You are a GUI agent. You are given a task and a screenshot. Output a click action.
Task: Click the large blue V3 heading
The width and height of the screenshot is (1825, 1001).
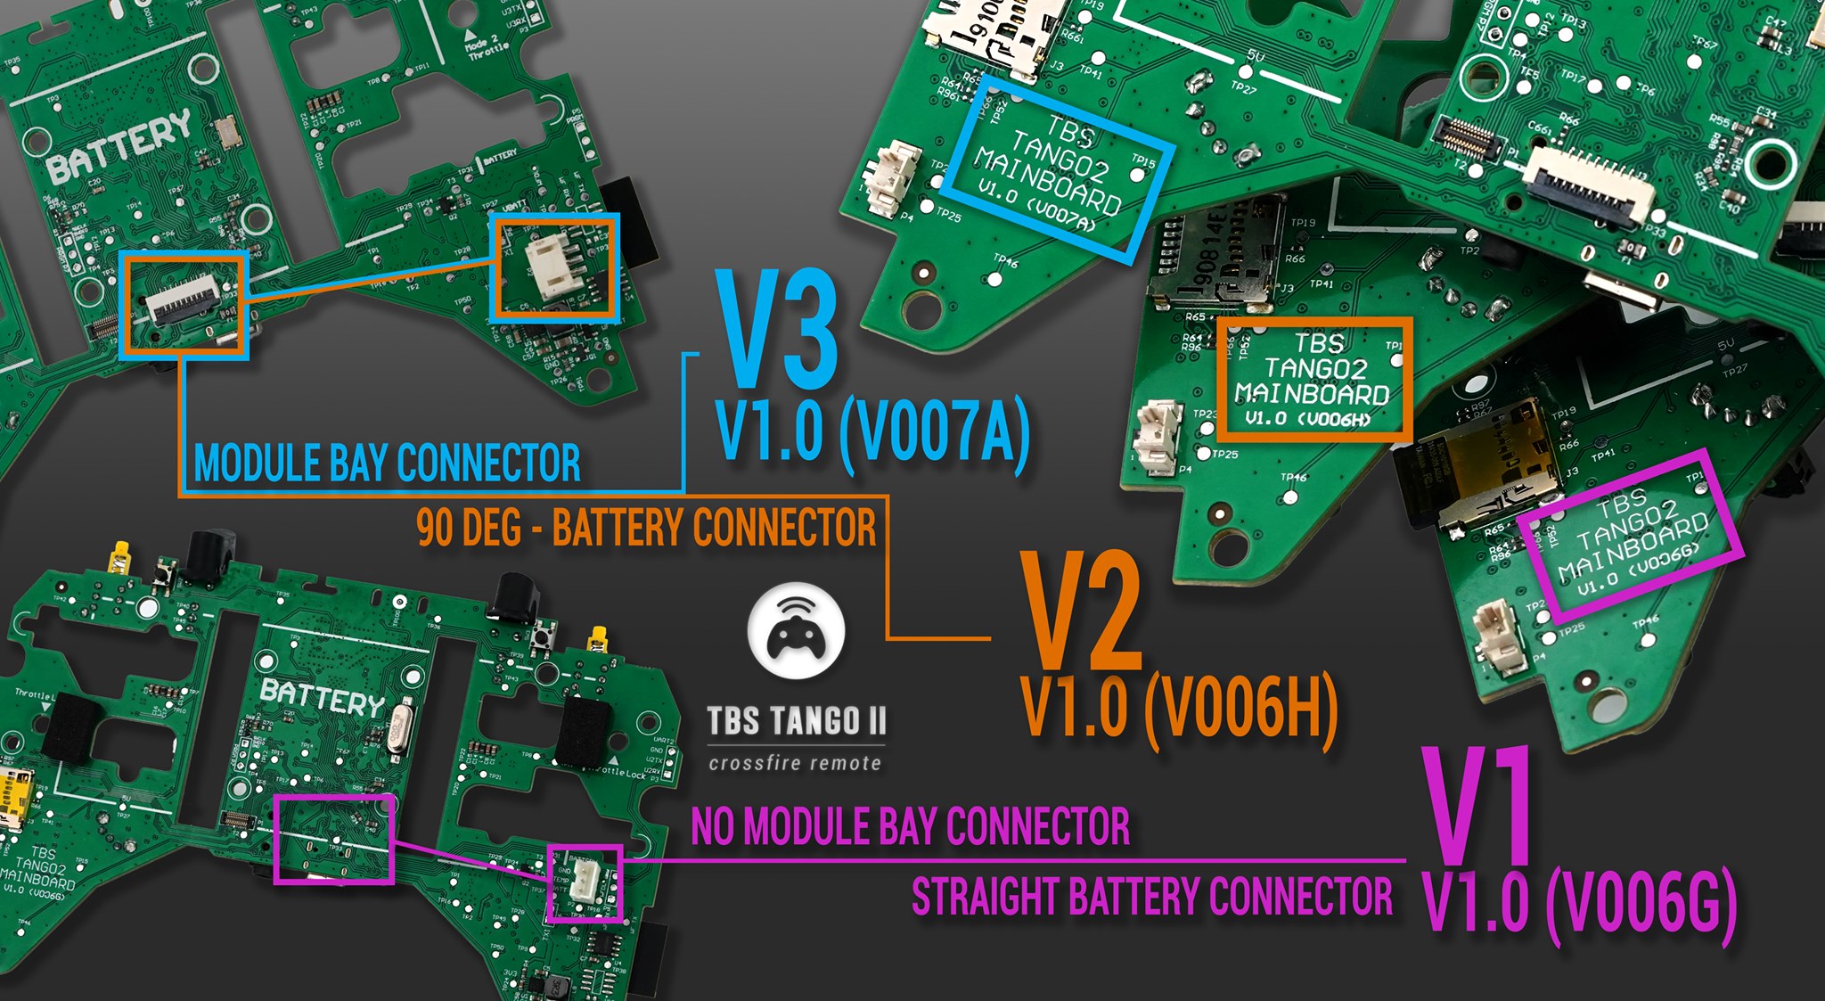point(779,330)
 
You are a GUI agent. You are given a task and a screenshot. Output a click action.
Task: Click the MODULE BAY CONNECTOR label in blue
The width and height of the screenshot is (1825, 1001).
point(387,464)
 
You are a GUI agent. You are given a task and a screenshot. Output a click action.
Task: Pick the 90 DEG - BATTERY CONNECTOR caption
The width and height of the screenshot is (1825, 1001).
point(646,527)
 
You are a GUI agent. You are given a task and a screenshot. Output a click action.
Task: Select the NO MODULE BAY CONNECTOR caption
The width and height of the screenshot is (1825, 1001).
point(910,826)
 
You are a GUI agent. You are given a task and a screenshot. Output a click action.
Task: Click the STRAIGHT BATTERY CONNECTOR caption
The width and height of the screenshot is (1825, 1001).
point(1151,897)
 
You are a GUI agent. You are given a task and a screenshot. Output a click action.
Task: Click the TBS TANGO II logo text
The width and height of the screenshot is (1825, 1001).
point(796,721)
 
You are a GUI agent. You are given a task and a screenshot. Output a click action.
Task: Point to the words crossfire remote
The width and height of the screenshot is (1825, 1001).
point(795,763)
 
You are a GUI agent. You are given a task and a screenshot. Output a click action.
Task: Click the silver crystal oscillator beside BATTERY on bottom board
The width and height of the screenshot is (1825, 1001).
point(399,725)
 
